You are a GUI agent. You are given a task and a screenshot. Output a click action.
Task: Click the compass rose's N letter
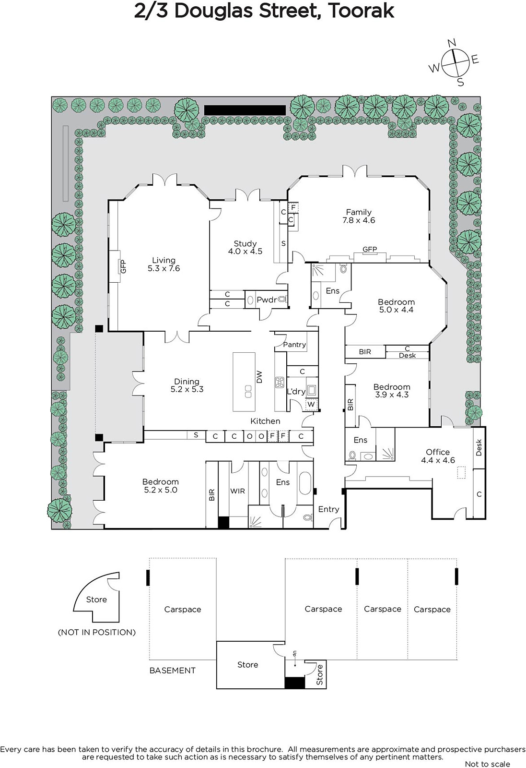[452, 43]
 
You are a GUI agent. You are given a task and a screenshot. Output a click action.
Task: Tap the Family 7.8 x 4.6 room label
[359, 216]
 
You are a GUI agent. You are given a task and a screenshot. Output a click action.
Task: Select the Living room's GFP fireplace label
[123, 266]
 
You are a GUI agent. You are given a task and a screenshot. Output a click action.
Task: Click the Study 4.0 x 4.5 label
[245, 247]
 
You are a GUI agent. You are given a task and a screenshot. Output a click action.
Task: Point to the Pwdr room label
[267, 300]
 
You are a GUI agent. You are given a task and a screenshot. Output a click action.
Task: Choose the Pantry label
[294, 345]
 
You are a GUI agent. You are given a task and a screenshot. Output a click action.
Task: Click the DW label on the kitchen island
[259, 377]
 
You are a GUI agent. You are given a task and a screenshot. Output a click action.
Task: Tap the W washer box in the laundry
[311, 404]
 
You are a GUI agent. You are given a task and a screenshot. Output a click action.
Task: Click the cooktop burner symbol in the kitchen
[280, 382]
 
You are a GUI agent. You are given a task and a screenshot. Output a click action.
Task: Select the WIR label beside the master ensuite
[237, 491]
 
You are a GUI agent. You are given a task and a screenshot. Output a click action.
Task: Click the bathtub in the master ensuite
[305, 484]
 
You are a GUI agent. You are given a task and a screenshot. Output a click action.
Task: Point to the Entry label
[328, 509]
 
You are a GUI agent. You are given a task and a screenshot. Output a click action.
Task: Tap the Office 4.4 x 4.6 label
[438, 456]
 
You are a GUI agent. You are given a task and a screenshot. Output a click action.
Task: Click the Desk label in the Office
[479, 447]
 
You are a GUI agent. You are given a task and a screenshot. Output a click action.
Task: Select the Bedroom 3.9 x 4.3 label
[392, 391]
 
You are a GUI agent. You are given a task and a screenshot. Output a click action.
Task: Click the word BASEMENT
[173, 670]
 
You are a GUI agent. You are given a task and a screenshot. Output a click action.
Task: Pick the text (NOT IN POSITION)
[96, 632]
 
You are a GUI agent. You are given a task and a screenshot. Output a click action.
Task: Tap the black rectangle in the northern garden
[245, 110]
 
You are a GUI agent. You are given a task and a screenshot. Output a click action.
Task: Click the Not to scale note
[487, 764]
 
